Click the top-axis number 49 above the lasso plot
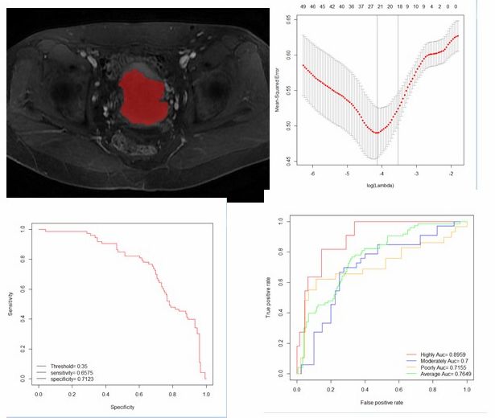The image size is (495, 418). (x=302, y=6)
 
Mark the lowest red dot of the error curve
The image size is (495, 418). (x=376, y=132)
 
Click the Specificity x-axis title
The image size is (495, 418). (x=122, y=409)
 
